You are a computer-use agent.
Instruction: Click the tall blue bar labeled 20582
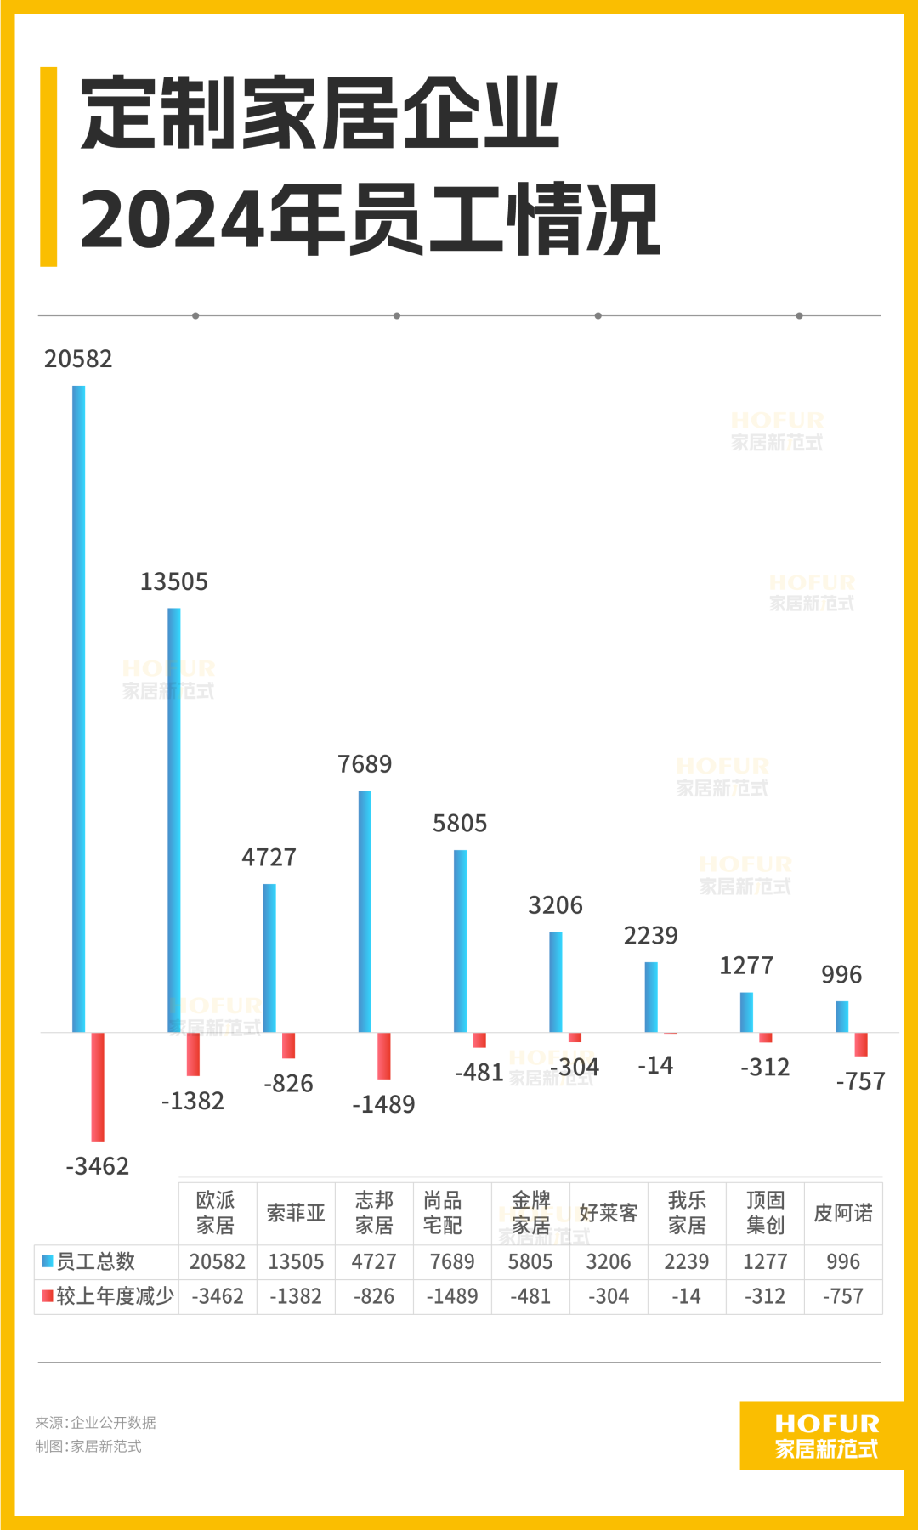coord(79,709)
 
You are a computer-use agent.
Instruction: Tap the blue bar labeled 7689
coord(365,911)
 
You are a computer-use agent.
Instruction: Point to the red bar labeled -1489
coord(384,1056)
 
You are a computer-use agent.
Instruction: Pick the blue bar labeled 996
coord(842,1017)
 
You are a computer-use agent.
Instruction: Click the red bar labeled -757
coord(861,1044)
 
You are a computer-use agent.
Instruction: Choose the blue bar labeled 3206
coord(556,982)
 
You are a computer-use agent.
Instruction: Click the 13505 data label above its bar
coord(174,582)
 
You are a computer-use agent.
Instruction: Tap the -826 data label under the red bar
coord(289,1084)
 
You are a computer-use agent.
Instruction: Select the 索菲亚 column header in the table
coord(296,1213)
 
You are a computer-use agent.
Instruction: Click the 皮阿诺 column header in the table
coord(843,1213)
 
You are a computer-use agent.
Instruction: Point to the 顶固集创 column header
coord(765,1213)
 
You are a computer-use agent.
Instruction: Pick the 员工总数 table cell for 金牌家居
coord(530,1262)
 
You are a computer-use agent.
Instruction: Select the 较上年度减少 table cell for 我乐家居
coord(687,1297)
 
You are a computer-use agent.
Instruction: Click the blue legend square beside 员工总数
coord(48,1261)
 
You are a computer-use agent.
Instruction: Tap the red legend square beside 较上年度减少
coord(48,1296)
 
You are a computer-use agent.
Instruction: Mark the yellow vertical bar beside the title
coord(48,167)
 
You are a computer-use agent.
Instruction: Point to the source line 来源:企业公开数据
coord(96,1423)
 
